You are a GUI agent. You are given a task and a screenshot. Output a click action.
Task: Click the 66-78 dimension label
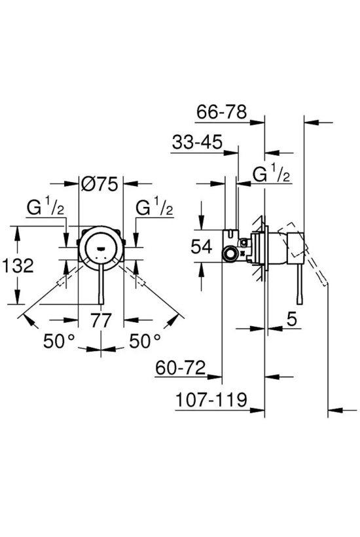(x=222, y=112)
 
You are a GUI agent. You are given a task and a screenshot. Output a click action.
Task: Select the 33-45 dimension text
(x=197, y=142)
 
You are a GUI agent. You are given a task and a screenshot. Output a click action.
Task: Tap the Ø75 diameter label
(x=100, y=184)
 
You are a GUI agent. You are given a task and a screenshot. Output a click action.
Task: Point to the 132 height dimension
(x=18, y=265)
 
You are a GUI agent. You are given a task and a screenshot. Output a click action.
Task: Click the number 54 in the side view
(x=202, y=247)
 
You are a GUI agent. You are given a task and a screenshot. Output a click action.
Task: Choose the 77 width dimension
(x=101, y=320)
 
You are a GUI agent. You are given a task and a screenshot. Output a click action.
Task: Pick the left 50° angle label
(x=59, y=341)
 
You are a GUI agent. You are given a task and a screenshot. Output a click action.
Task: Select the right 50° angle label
(x=145, y=341)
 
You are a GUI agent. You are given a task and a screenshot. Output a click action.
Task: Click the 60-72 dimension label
(x=181, y=368)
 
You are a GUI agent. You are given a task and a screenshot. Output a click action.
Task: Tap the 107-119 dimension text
(x=211, y=399)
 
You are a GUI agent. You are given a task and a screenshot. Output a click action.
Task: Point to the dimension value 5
(x=291, y=320)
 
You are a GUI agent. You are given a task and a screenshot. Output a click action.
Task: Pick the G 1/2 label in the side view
(x=272, y=174)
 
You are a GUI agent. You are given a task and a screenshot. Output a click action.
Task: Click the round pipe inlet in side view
(x=229, y=254)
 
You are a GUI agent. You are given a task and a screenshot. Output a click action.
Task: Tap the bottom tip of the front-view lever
(x=101, y=304)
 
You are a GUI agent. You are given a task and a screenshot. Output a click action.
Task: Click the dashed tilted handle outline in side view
(x=303, y=253)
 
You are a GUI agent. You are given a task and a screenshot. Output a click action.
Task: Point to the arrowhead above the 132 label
(x=16, y=232)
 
